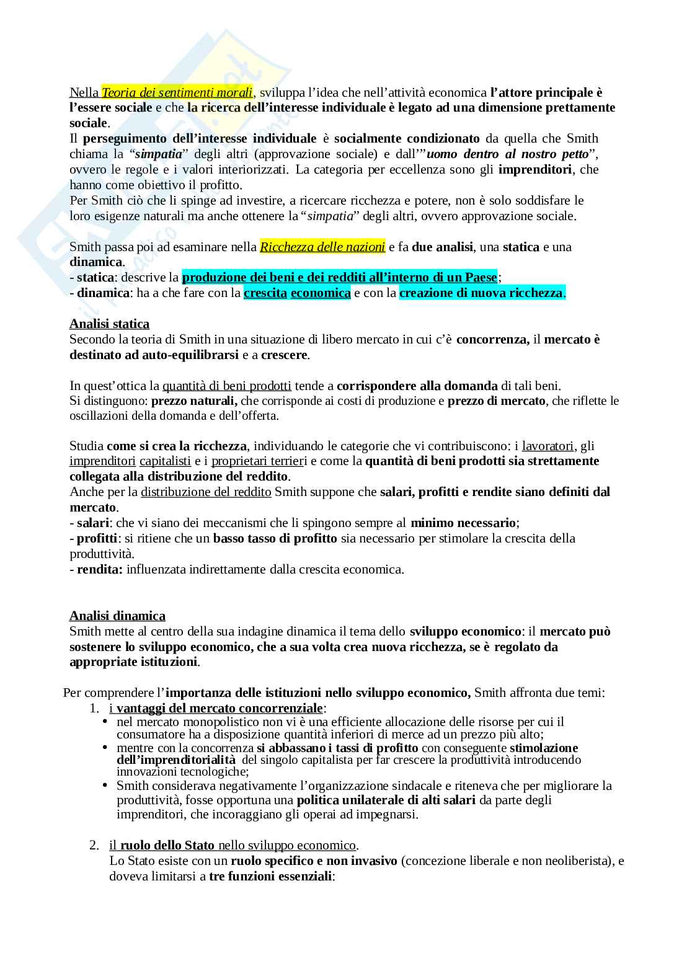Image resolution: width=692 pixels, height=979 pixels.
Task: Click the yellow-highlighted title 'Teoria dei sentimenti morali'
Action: (177, 93)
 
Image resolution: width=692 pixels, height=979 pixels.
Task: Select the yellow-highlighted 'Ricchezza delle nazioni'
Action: (322, 247)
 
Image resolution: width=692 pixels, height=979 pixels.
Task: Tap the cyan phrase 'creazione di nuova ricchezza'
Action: (481, 293)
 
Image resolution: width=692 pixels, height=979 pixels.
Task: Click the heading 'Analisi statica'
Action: (109, 324)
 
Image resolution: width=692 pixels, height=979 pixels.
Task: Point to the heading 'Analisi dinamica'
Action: (117, 616)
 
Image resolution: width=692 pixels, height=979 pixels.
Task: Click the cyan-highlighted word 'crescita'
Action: (265, 293)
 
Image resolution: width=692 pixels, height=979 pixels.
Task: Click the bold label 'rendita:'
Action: (100, 569)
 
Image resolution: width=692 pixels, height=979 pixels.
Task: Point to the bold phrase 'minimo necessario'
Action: (463, 523)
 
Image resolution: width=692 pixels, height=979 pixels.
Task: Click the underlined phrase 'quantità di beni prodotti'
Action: (227, 386)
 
